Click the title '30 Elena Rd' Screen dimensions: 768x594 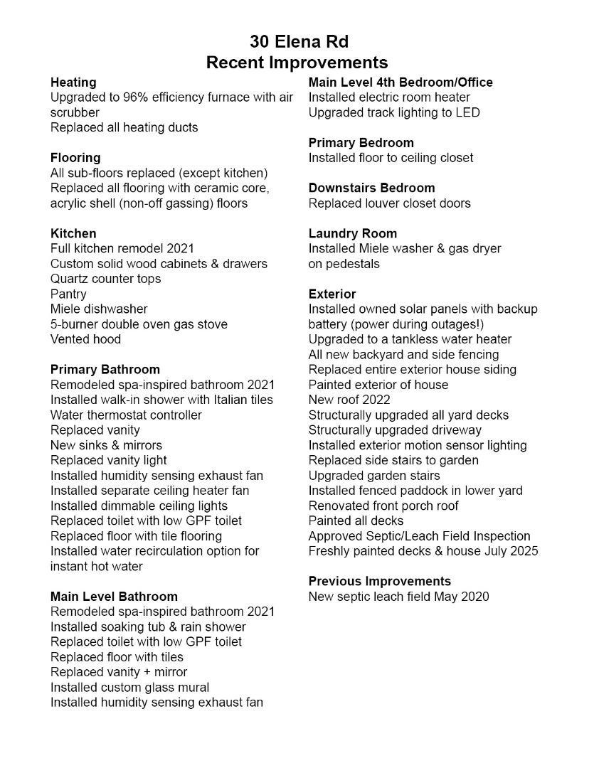pos(299,41)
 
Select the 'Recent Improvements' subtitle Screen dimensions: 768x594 pos(297,63)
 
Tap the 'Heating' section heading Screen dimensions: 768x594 pos(73,82)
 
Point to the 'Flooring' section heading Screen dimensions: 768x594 pos(75,158)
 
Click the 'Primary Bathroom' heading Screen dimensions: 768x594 pos(105,370)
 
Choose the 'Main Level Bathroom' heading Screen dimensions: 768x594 pos(114,597)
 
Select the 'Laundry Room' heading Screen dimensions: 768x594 pos(353,233)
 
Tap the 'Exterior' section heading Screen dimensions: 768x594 pos(332,294)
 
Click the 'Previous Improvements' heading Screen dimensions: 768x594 pos(380,581)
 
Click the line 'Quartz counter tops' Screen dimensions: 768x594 pos(105,279)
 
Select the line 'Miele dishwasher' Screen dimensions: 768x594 pos(99,309)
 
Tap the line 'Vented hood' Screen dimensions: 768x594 pos(85,339)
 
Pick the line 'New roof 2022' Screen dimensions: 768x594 pos(349,400)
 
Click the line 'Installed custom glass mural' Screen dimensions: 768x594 pos(129,688)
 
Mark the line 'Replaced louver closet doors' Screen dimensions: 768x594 pos(390,203)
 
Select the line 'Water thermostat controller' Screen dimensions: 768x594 pos(126,415)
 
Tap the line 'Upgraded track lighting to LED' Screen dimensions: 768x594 pos(394,112)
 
